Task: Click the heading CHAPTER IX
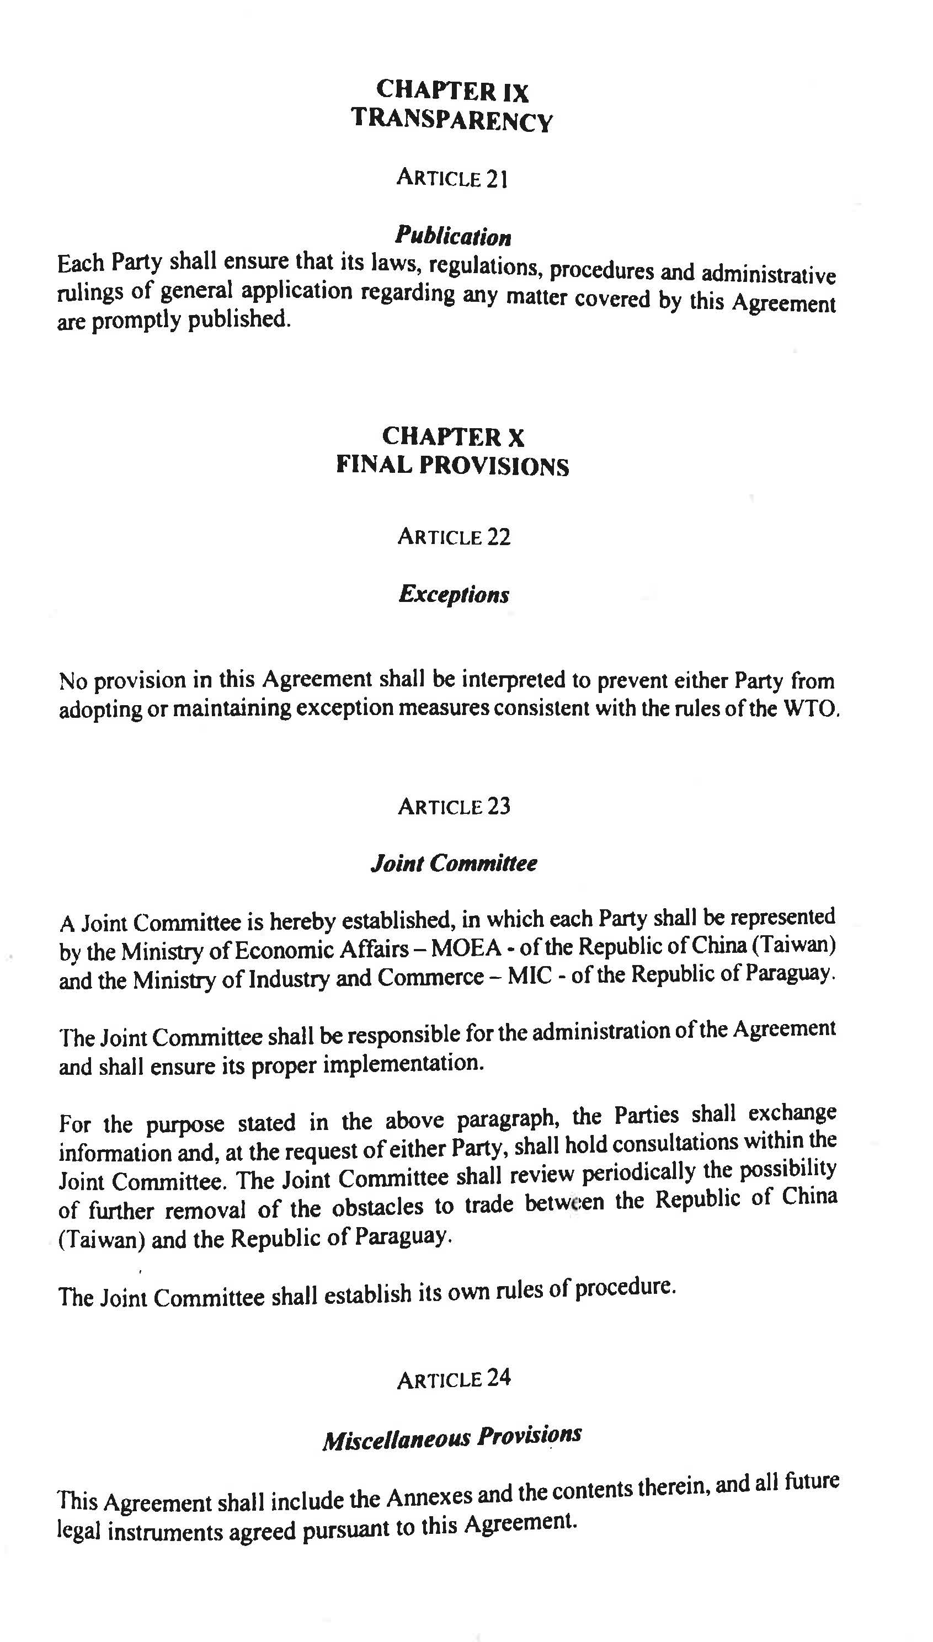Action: pyautogui.click(x=452, y=91)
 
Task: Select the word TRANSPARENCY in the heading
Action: pyautogui.click(x=451, y=120)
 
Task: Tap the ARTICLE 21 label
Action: pyautogui.click(x=452, y=178)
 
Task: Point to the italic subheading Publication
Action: pyautogui.click(x=453, y=236)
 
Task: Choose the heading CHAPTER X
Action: pyautogui.click(x=453, y=437)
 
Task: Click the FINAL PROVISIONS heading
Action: pyautogui.click(x=452, y=466)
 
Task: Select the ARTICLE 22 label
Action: pyautogui.click(x=454, y=536)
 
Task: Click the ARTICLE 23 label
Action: pyautogui.click(x=454, y=806)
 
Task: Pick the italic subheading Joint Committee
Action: pyautogui.click(x=454, y=863)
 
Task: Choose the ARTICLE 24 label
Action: pyautogui.click(x=454, y=1379)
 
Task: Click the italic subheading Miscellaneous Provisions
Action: pyautogui.click(x=452, y=1438)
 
